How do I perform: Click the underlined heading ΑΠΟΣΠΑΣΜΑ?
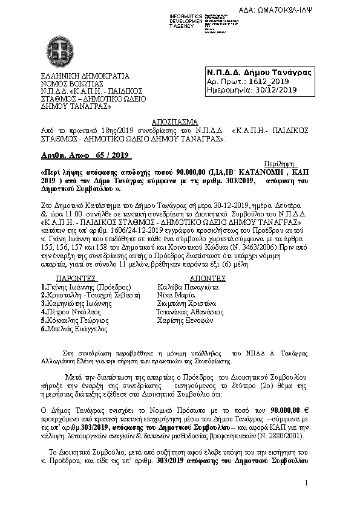pyautogui.click(x=164, y=120)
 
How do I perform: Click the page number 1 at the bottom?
pyautogui.click(x=307, y=482)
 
